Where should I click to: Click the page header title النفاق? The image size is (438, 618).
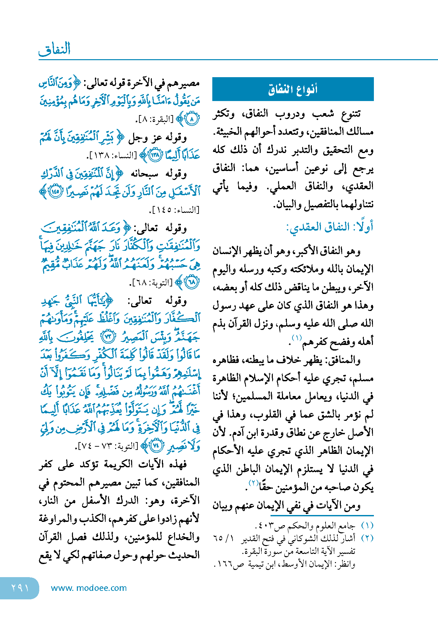click(55, 49)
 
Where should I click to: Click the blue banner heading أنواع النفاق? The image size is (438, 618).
click(293, 89)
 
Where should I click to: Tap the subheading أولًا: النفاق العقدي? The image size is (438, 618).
click(330, 227)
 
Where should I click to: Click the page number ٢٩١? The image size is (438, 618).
click(20, 588)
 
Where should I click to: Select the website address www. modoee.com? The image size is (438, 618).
click(89, 588)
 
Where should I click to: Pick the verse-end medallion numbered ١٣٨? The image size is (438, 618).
click(155, 155)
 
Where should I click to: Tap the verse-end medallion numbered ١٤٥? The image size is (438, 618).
click(55, 192)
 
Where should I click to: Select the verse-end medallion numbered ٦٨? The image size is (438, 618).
click(192, 282)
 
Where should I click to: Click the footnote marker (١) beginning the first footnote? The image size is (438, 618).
click(367, 526)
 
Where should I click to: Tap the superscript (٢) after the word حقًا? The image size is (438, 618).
click(254, 483)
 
